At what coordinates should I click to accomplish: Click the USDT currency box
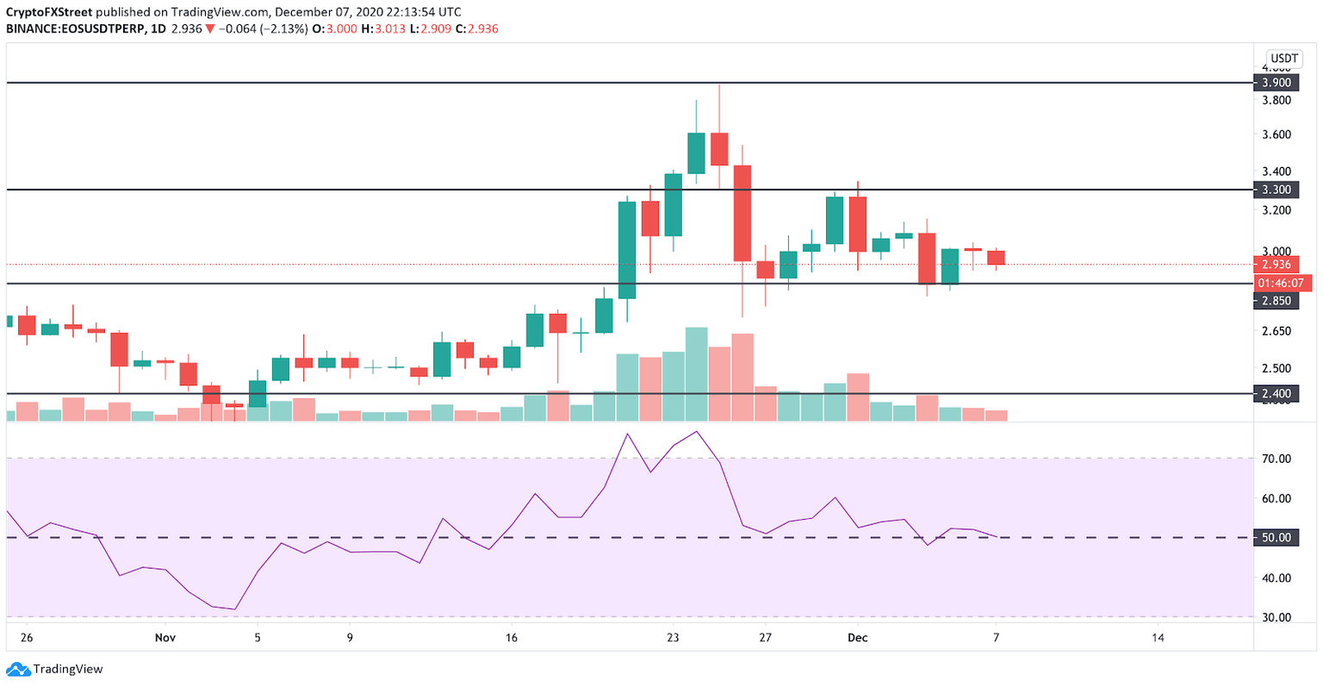point(1284,59)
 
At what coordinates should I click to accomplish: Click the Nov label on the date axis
point(165,638)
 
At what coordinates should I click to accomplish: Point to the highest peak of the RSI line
point(696,431)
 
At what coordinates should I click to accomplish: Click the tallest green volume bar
point(696,373)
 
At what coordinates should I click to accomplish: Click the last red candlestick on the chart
point(996,258)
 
